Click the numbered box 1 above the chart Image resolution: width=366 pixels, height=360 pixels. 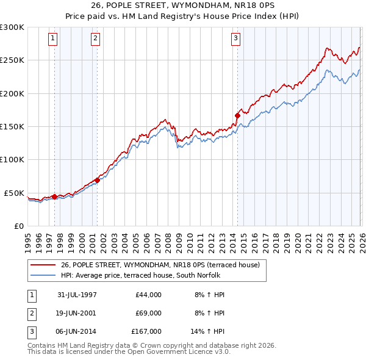click(x=54, y=38)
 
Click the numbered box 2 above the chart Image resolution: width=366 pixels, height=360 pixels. click(x=96, y=38)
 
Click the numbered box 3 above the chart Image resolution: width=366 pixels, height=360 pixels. click(x=235, y=38)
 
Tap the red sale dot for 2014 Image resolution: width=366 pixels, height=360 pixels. click(x=237, y=115)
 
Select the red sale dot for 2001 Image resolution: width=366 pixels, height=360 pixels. click(x=97, y=180)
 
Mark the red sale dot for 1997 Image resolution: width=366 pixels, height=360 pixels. click(x=55, y=196)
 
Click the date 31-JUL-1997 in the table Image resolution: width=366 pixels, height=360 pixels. click(x=77, y=295)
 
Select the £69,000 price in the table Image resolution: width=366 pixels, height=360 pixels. click(x=146, y=313)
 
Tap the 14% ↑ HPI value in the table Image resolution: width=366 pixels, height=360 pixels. click(x=208, y=331)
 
